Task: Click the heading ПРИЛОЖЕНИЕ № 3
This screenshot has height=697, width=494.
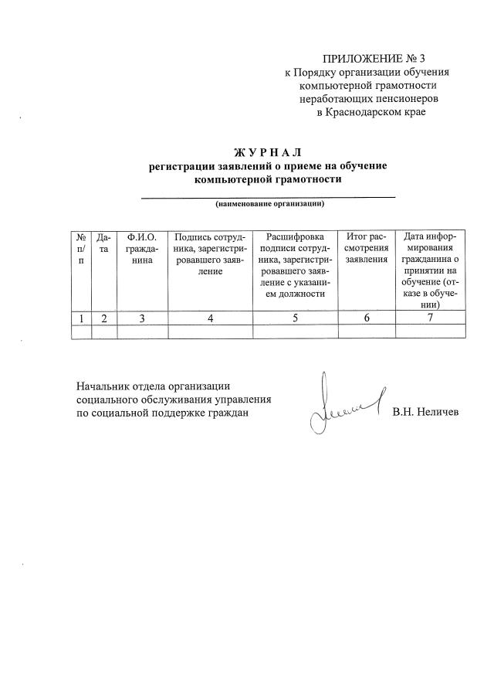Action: coord(374,58)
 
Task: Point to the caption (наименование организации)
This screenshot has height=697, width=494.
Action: coord(269,205)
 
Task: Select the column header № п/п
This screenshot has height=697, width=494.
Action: coord(81,249)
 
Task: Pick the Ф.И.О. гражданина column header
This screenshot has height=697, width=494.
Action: coord(142,249)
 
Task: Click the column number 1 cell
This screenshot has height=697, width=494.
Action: coord(81,318)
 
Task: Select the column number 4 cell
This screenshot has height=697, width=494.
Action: coord(210,318)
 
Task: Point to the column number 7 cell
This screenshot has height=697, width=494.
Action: coord(430,318)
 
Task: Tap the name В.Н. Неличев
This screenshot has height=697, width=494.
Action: coord(425,413)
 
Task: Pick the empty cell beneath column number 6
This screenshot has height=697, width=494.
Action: coord(367,331)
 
